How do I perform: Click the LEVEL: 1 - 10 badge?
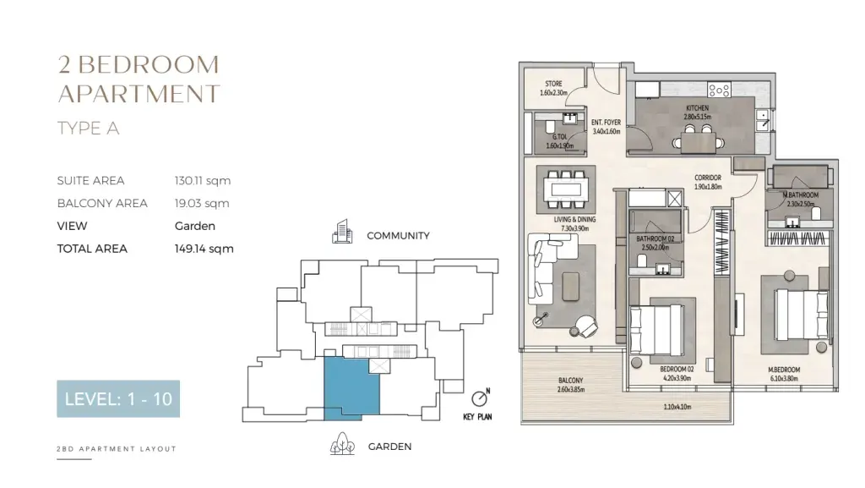tap(118, 398)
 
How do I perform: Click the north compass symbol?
tap(480, 398)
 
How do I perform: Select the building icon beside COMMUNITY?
tap(342, 231)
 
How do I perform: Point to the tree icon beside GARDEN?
tap(342, 444)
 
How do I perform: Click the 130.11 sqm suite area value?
tap(203, 180)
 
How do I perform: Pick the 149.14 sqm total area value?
tap(204, 249)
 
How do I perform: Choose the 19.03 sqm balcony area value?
tap(202, 203)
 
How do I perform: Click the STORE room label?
tap(554, 84)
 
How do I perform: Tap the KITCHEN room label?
tap(697, 108)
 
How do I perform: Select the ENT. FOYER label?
tap(607, 123)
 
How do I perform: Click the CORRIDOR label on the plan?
tap(708, 178)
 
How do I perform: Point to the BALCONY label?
tap(570, 381)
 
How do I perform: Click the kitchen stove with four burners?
tap(720, 90)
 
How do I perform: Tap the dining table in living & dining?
tap(566, 189)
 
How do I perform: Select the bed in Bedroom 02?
tap(657, 330)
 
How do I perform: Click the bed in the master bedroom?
tap(801, 315)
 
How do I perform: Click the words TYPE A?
tap(88, 128)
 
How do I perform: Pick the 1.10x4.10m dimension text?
tap(677, 407)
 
